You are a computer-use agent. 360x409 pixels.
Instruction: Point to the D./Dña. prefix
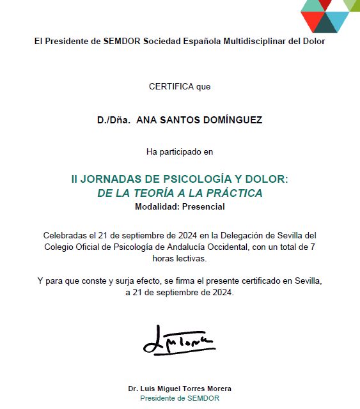tap(113, 120)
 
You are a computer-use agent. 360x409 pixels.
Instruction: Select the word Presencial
tap(203, 206)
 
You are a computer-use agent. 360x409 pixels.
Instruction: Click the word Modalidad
tap(157, 206)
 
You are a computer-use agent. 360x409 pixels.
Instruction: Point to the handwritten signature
tap(179, 341)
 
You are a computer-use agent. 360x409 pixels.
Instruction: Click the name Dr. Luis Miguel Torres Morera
tap(180, 389)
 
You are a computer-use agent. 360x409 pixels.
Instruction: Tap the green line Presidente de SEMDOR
tap(180, 398)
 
